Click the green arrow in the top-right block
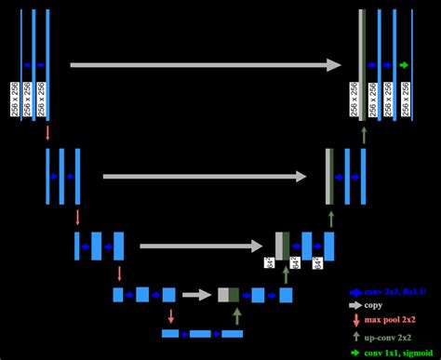[404, 65]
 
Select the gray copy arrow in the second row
[205, 176]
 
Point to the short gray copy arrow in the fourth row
[196, 295]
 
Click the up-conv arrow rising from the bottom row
[237, 316]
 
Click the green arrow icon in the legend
[354, 352]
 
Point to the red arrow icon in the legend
[354, 321]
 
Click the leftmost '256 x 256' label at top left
[14, 99]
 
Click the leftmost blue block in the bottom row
[170, 333]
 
